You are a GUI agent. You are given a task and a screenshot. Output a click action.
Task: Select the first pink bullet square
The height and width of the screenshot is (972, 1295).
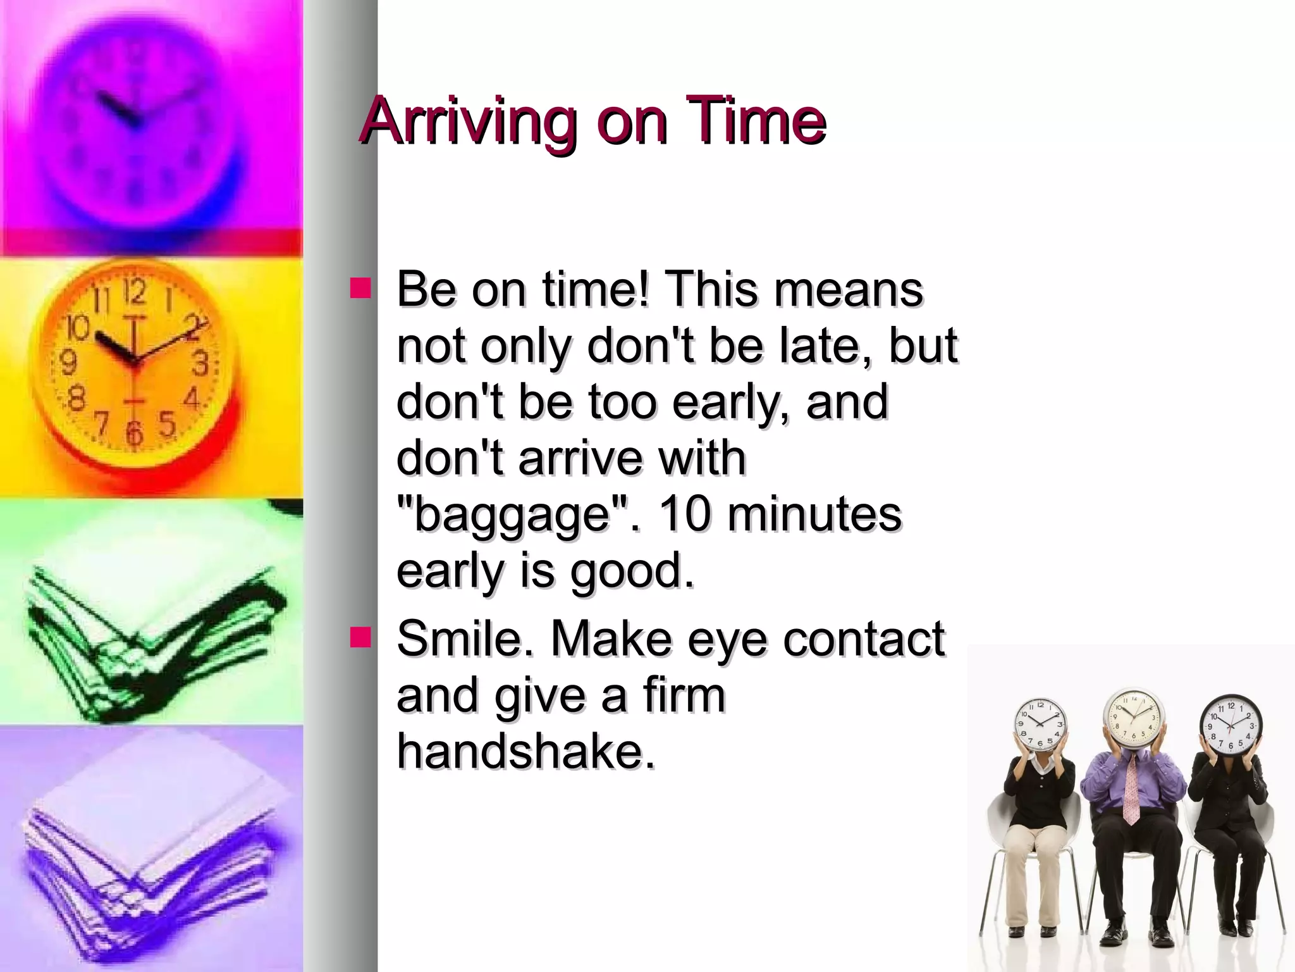pyautogui.click(x=361, y=288)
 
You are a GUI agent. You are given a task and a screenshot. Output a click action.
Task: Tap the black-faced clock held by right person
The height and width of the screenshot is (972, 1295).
pyautogui.click(x=1230, y=725)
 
